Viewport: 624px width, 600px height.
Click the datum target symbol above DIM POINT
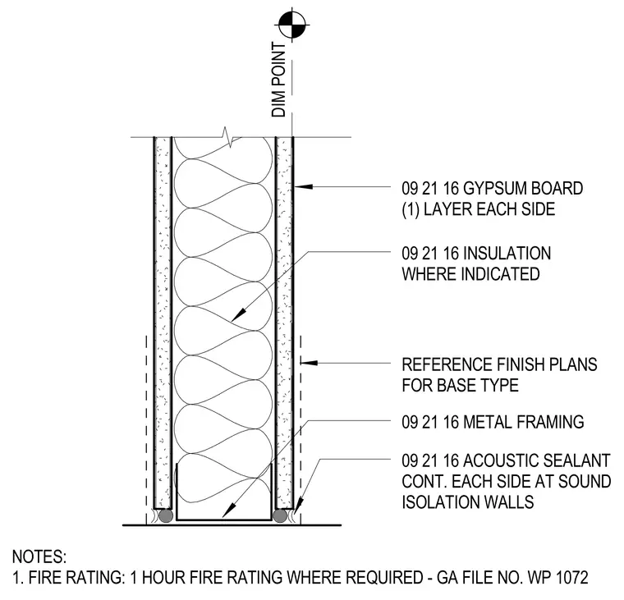[x=292, y=25]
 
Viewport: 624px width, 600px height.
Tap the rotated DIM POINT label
[x=278, y=80]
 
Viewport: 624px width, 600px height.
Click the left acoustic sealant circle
[x=166, y=516]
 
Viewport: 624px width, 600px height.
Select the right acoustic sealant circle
[x=280, y=516]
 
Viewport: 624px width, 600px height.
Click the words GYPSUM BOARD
[x=523, y=188]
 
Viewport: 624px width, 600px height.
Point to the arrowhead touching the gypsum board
[x=304, y=186]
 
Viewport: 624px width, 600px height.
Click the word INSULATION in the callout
[x=507, y=254]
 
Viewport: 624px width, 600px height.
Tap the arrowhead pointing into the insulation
[x=238, y=314]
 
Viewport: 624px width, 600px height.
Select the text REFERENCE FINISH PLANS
[x=499, y=364]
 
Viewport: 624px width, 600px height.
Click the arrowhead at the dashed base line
[x=310, y=363]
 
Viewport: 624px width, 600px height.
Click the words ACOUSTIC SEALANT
[x=537, y=460]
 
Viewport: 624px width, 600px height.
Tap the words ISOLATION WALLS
[x=468, y=502]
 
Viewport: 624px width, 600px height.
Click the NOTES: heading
[x=39, y=556]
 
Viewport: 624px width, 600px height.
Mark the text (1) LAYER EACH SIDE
[x=479, y=209]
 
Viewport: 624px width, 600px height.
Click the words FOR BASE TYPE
[x=460, y=385]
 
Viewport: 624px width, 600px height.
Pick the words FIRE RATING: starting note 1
[x=76, y=577]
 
